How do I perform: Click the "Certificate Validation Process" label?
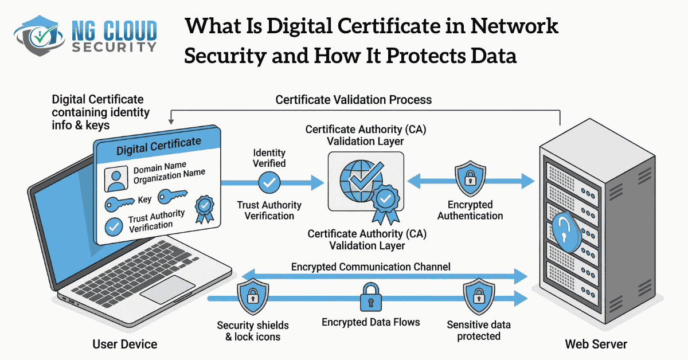pyautogui.click(x=353, y=99)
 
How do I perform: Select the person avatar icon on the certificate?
pyautogui.click(x=116, y=179)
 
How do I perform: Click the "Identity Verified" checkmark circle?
pyautogui.click(x=269, y=183)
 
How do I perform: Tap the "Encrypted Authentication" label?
pyautogui.click(x=470, y=210)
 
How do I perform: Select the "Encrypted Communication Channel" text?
pyautogui.click(x=371, y=267)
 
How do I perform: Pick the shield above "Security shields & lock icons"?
pyautogui.click(x=252, y=295)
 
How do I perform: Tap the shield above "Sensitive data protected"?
pyautogui.click(x=478, y=295)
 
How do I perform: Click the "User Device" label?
pyautogui.click(x=124, y=344)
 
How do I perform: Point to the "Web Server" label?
pyautogui.click(x=596, y=344)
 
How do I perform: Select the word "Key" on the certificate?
pyautogui.click(x=144, y=200)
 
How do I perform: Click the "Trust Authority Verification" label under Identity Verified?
pyautogui.click(x=269, y=210)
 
